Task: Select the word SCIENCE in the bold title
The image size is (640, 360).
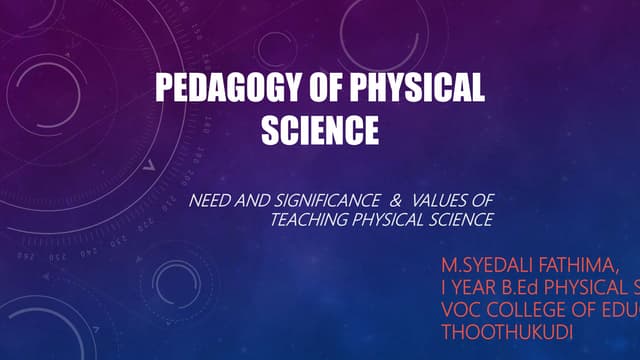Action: (320, 131)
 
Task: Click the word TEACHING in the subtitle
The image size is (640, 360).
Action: (305, 219)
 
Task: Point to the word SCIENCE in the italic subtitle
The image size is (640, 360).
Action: (458, 219)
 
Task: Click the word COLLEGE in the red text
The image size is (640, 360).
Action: (530, 306)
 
